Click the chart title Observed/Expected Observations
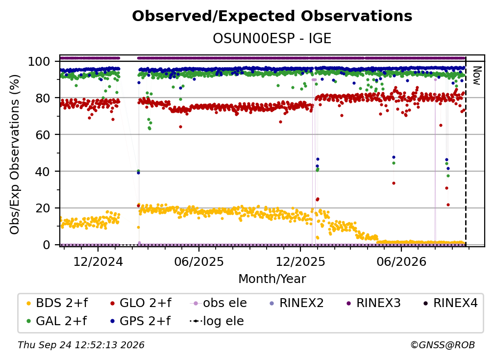pos(272,16)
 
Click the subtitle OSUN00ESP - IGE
pos(272,38)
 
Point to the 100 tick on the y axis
pos(39,61)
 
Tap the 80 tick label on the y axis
pos(43,98)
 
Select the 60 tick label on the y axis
pos(43,134)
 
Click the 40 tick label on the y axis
pos(43,172)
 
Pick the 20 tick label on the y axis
pos(43,208)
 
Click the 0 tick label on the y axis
pos(47,245)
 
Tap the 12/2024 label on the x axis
pos(98,261)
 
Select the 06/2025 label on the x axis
pos(199,261)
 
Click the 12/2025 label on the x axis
pos(300,261)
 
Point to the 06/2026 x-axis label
pos(401,261)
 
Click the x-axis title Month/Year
pos(272,279)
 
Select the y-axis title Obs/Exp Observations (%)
pos(15,154)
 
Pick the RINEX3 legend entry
pos(373,303)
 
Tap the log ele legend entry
pos(217,321)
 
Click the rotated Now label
pos(477,76)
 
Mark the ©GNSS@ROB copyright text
pos(443,345)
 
